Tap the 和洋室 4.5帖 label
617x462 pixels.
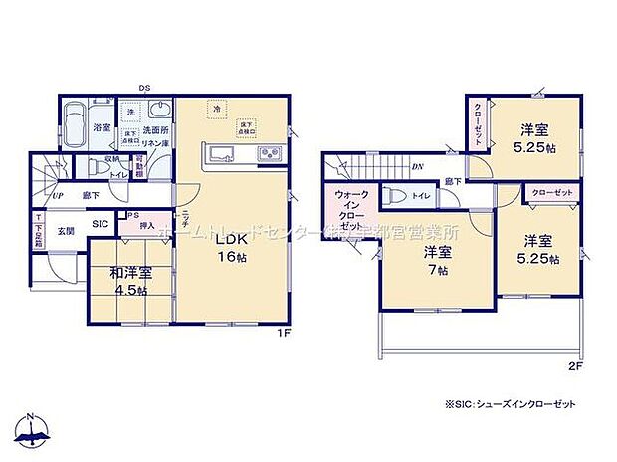pos(130,281)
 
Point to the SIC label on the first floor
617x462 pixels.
pos(102,225)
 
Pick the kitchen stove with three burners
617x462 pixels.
pos(270,155)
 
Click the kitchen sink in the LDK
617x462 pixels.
pos(220,155)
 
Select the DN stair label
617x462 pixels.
pos(415,166)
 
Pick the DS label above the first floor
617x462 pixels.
pos(144,88)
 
